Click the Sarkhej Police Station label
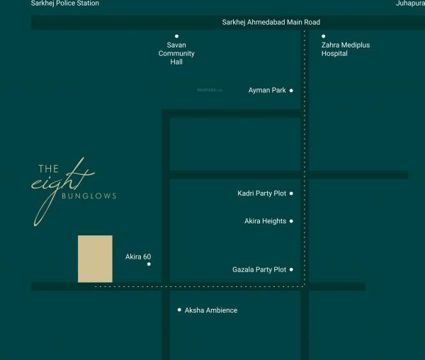(64, 4)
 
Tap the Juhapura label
(410, 4)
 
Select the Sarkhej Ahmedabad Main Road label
(271, 23)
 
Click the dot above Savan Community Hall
(176, 36)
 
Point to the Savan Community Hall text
(176, 53)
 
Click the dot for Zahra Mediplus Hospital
(324, 36)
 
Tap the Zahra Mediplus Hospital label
(345, 49)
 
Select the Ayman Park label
(267, 91)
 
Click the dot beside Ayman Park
(291, 91)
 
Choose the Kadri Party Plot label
(261, 193)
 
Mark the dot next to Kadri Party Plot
(291, 193)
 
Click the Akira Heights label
(265, 221)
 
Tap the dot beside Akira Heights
(291, 221)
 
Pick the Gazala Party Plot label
(259, 269)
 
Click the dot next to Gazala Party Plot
(291, 269)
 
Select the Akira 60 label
(138, 257)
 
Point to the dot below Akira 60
(149, 264)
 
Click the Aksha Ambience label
(211, 310)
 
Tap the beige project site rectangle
(95, 259)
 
